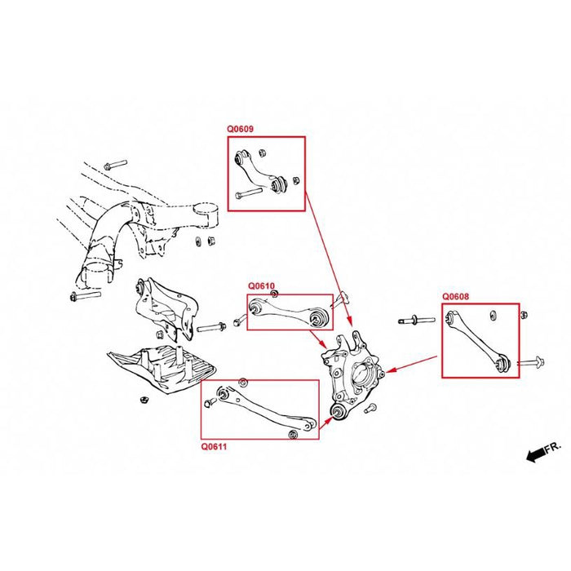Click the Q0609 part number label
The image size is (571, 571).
(x=241, y=129)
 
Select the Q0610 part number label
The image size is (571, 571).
(x=262, y=286)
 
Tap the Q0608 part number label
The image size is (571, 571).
(x=456, y=298)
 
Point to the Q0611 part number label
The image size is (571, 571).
(x=215, y=447)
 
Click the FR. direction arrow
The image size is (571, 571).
(x=543, y=449)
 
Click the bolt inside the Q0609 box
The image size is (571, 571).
(x=248, y=194)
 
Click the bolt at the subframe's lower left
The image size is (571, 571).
(x=85, y=295)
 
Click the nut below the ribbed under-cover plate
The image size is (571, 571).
(x=140, y=401)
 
